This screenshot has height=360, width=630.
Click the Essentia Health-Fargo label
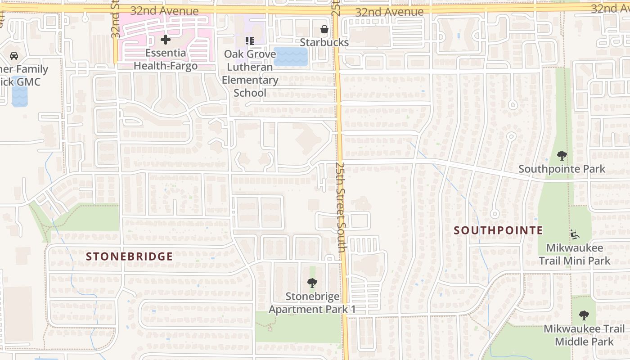(x=166, y=59)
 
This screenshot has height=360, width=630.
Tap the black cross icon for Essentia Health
(x=166, y=40)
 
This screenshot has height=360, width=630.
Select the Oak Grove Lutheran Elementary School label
(x=251, y=73)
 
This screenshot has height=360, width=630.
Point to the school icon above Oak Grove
(x=250, y=41)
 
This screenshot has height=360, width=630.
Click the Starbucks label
(x=324, y=42)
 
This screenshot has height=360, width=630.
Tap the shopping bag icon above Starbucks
(x=324, y=30)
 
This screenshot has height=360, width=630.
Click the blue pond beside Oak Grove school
(x=291, y=57)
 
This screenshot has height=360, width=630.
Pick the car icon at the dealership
(x=14, y=56)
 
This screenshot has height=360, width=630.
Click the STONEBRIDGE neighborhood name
(x=129, y=256)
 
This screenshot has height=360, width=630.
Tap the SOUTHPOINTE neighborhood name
(x=498, y=230)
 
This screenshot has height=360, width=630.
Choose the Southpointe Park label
(x=562, y=169)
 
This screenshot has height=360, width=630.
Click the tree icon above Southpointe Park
(x=562, y=156)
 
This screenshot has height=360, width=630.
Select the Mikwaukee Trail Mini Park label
(x=575, y=254)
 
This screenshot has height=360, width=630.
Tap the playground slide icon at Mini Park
(x=575, y=234)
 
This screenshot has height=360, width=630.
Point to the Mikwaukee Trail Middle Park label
(x=584, y=335)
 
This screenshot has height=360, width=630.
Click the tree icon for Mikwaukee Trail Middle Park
(x=584, y=315)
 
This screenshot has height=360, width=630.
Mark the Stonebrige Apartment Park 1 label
(x=312, y=303)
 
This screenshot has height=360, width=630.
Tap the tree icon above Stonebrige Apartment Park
(x=312, y=283)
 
